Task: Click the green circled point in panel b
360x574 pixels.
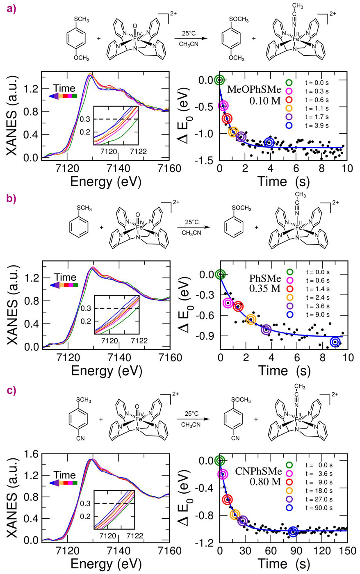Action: pyautogui.click(x=220, y=274)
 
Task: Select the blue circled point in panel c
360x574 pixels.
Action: pyautogui.click(x=293, y=532)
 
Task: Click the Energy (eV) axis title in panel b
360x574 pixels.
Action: pyautogui.click(x=106, y=370)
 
